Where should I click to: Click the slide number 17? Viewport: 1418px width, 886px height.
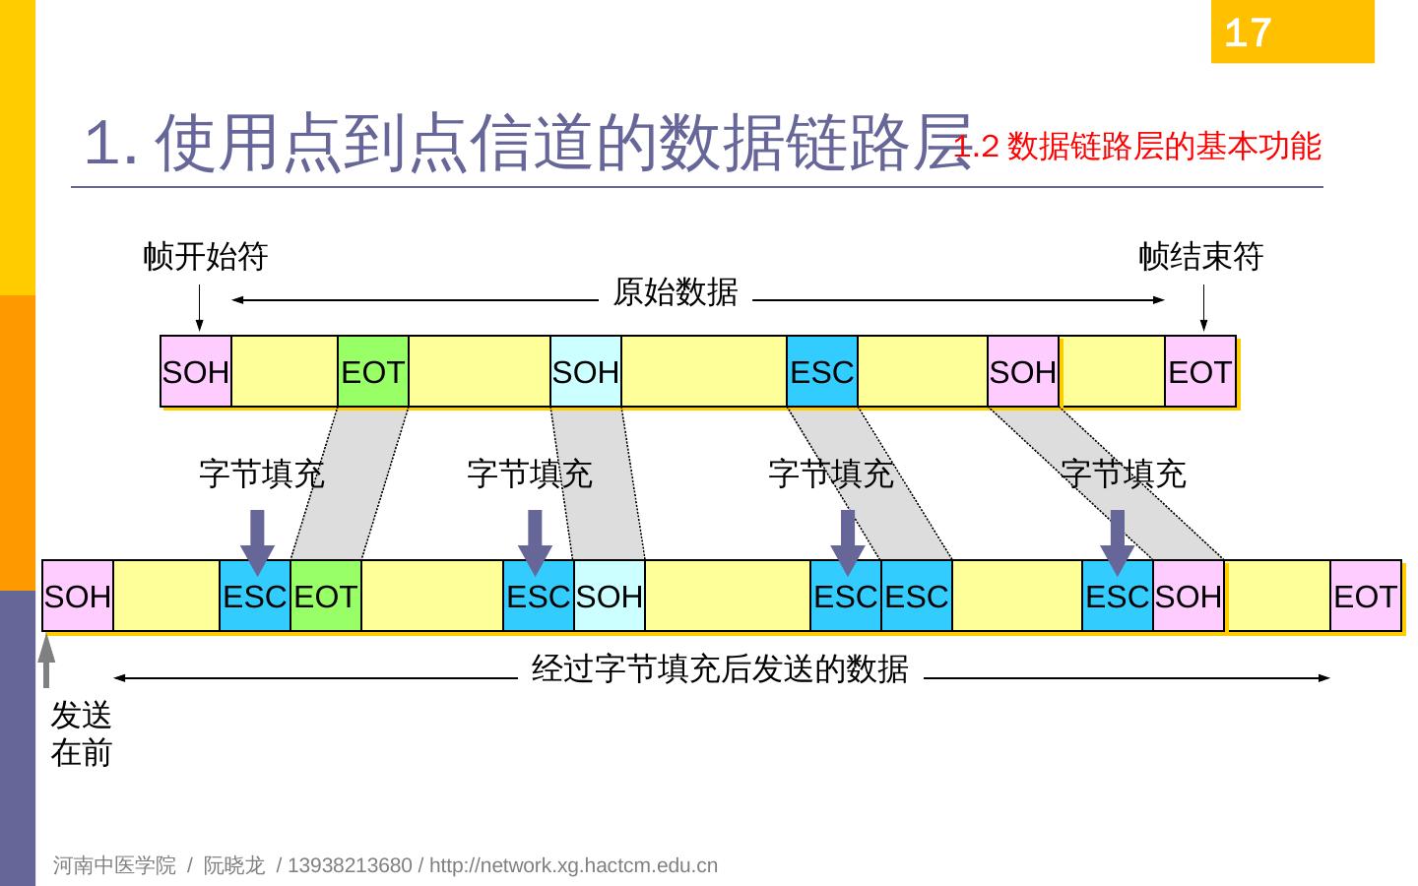coord(1248,33)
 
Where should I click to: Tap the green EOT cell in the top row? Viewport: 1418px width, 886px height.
coord(372,372)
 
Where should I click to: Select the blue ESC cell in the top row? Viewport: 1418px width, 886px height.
coord(821,372)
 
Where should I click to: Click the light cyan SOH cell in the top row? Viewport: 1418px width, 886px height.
coord(586,372)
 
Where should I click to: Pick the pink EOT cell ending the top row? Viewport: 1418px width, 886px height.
coord(1199,372)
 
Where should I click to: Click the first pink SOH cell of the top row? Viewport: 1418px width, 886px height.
coord(196,372)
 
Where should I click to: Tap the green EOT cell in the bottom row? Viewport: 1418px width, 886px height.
coord(326,597)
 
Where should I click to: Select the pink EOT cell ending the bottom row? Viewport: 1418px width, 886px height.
coord(1365,597)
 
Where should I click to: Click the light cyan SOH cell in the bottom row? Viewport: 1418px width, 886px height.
coord(610,597)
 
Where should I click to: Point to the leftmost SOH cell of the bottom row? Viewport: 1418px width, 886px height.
coord(78,597)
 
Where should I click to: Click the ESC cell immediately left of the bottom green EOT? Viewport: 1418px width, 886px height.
coord(255,597)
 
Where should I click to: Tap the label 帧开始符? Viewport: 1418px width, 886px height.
coord(206,257)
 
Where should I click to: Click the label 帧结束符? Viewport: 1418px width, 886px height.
coord(1200,257)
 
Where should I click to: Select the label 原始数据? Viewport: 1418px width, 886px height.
coord(675,292)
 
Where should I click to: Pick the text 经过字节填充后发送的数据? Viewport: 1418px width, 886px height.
coord(720,669)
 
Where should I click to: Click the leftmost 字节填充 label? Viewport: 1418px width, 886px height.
coord(261,474)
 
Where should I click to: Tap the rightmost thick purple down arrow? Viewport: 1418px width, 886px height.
coord(1118,540)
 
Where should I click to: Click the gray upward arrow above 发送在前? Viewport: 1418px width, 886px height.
coord(46,660)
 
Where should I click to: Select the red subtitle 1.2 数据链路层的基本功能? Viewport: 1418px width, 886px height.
coord(1137,147)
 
